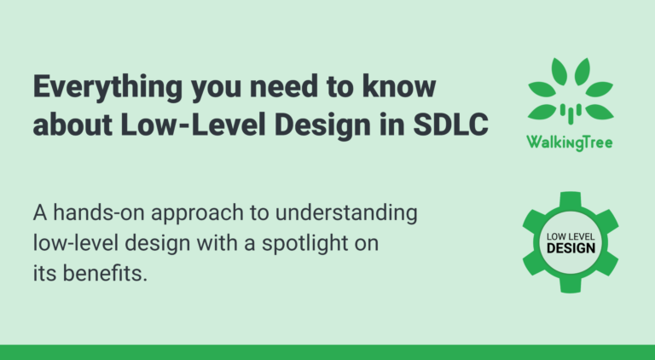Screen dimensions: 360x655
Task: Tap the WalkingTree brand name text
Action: (x=570, y=142)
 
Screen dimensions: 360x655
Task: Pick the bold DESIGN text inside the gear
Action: (x=570, y=247)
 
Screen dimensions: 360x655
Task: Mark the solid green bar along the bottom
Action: (x=327, y=352)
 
